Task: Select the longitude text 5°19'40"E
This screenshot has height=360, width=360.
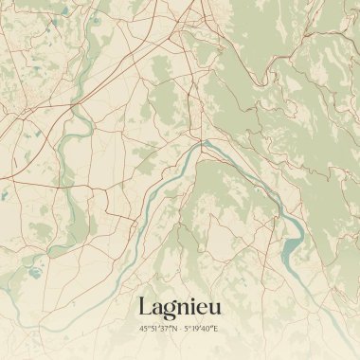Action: click(x=202, y=329)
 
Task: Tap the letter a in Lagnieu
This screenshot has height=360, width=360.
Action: click(x=157, y=309)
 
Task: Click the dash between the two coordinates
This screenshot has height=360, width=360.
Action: click(x=181, y=329)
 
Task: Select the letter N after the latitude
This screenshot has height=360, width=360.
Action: click(x=174, y=329)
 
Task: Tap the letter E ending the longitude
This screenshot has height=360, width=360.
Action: click(x=216, y=329)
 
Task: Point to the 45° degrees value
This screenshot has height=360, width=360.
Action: click(x=144, y=329)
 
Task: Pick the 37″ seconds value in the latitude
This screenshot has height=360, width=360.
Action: click(x=164, y=329)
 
